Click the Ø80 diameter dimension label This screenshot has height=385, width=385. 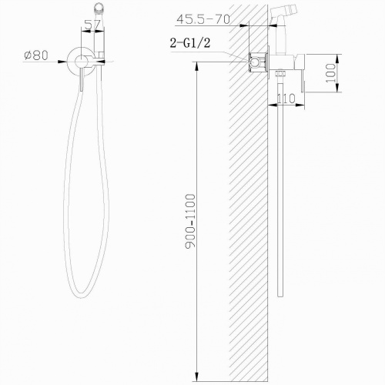point(36,55)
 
